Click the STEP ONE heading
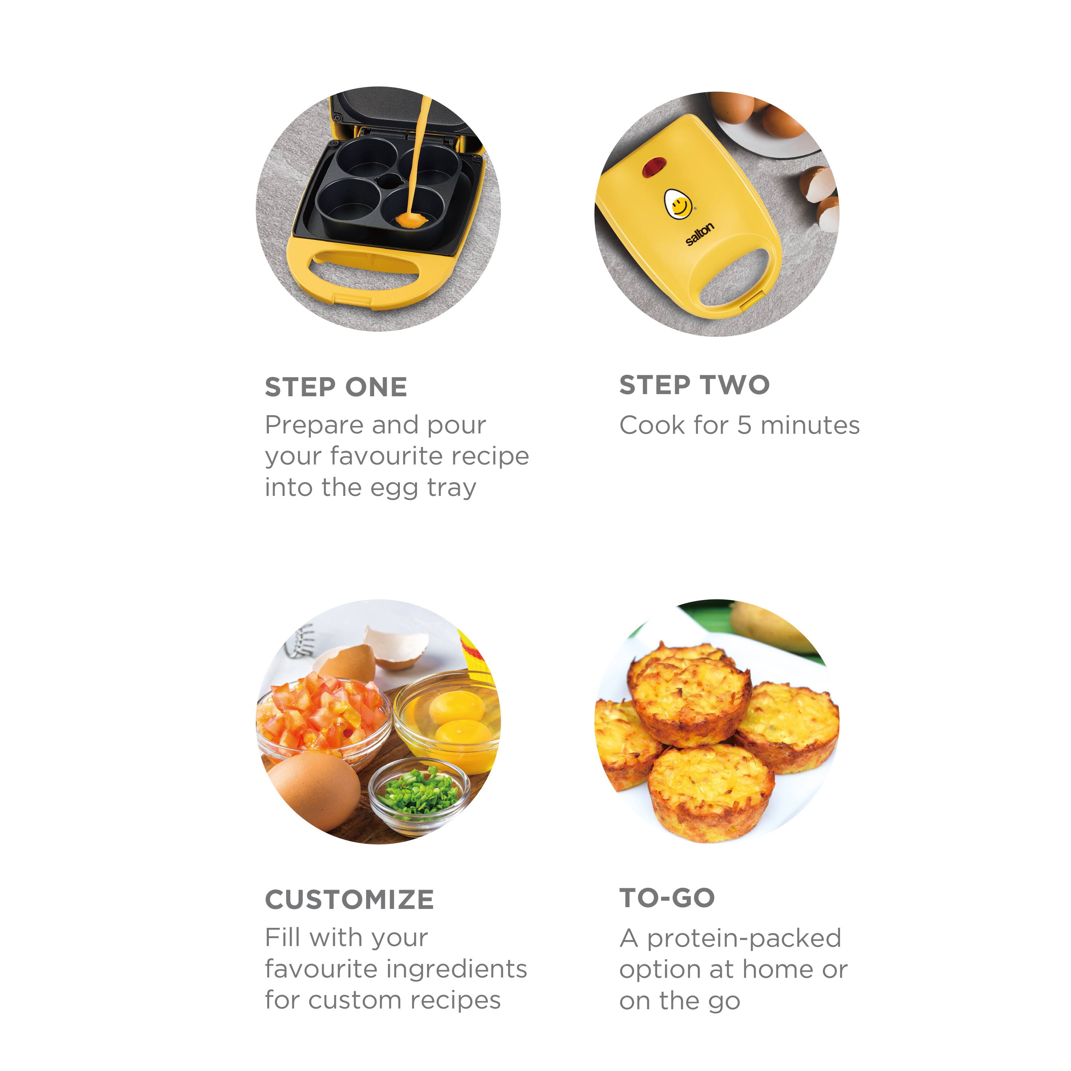(336, 387)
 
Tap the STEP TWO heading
(694, 385)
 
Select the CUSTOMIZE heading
(349, 900)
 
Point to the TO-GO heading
(667, 898)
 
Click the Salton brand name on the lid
(700, 234)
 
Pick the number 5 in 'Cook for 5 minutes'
(744, 426)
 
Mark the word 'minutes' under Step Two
(810, 426)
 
